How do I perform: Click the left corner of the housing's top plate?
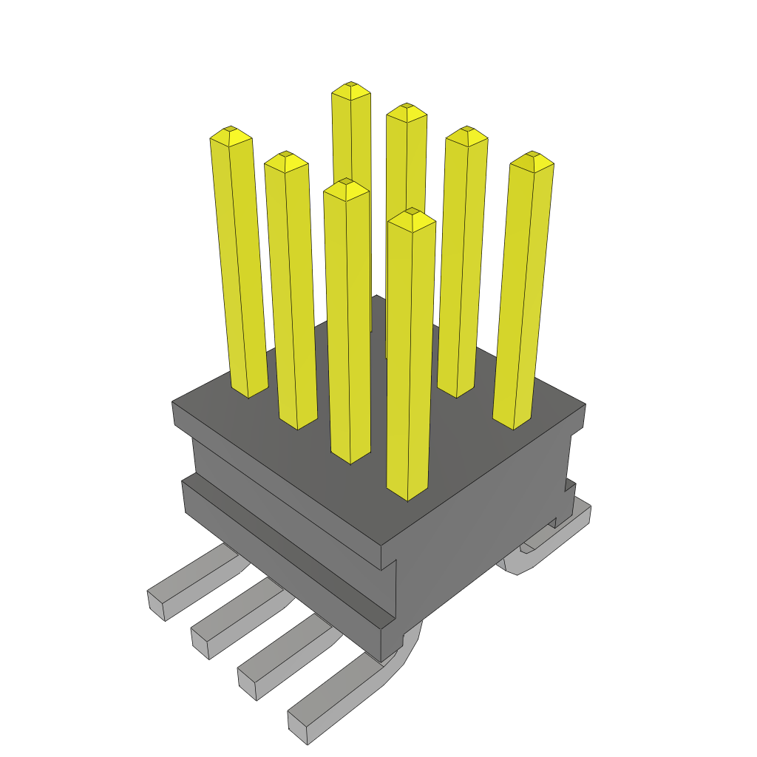173,403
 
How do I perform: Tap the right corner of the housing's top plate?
585,404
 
